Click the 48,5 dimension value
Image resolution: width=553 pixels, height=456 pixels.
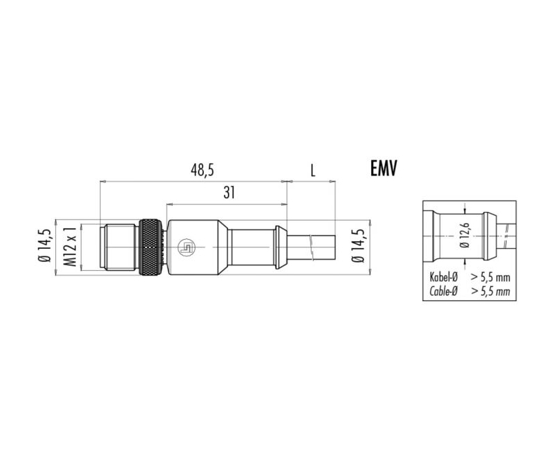coord(203,170)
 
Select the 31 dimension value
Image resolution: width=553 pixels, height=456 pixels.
coord(229,193)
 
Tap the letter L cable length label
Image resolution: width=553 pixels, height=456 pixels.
coord(312,171)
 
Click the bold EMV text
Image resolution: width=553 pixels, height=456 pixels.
coord(384,168)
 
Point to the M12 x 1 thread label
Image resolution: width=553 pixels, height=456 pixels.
coord(71,247)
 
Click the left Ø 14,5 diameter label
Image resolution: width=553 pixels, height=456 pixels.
coord(46,246)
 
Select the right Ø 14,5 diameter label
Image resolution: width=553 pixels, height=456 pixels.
coord(358,246)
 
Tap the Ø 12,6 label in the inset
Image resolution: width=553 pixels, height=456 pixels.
coord(465,235)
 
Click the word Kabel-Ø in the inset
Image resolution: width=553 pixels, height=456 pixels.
coord(443,277)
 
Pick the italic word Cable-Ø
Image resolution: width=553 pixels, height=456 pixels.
coord(443,291)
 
